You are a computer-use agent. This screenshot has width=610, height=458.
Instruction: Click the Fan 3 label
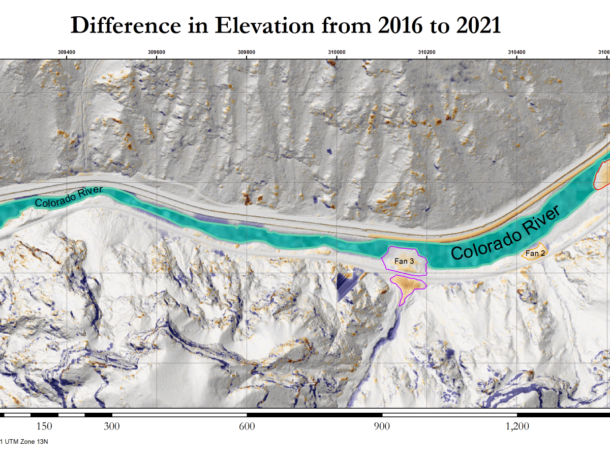tap(405, 261)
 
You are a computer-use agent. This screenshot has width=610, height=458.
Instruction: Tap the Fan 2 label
tap(535, 253)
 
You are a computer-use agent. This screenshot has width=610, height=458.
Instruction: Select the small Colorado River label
tap(69, 197)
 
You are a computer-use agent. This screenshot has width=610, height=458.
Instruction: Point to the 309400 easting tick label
tap(67, 51)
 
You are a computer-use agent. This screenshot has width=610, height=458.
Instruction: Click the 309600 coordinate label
tap(157, 51)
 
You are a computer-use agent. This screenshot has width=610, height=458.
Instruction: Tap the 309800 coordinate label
tap(247, 51)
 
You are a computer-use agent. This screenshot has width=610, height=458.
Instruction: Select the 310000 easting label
tap(337, 51)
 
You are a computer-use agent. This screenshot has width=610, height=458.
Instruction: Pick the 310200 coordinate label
tap(426, 51)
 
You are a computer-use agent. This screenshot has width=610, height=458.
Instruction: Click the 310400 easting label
tap(516, 51)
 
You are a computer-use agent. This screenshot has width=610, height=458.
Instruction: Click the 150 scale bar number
tap(45, 426)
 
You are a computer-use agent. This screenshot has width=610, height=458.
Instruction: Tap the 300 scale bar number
tap(112, 426)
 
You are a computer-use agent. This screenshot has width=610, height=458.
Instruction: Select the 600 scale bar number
tap(247, 426)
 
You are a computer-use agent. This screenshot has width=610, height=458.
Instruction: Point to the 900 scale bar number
tap(382, 426)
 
